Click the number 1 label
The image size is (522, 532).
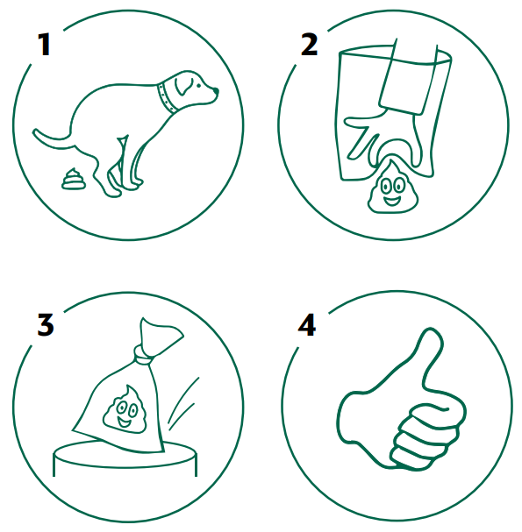(x=45, y=44)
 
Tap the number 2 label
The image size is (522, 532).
(x=309, y=44)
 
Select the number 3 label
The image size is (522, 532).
(x=46, y=324)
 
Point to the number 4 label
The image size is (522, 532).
(x=307, y=324)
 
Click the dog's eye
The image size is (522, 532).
(x=198, y=85)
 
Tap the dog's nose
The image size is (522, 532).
(x=216, y=91)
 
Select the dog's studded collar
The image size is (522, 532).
(x=167, y=98)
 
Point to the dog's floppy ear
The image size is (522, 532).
(x=183, y=86)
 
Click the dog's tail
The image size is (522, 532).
(x=53, y=140)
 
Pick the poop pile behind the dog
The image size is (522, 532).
(x=73, y=179)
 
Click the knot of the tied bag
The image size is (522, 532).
(x=143, y=355)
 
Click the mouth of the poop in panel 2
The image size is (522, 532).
(x=392, y=202)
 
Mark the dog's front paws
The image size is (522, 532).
(x=132, y=184)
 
